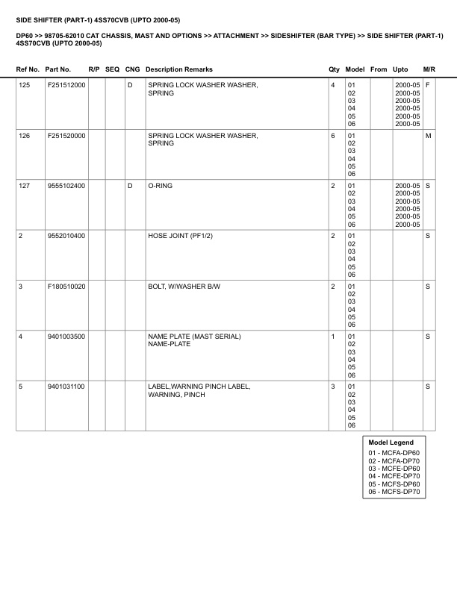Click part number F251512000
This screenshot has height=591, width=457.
click(66, 86)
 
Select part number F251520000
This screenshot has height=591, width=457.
click(66, 136)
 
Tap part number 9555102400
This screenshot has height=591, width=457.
click(66, 186)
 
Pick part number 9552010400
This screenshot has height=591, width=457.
click(66, 236)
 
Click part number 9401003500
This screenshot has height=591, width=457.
click(66, 337)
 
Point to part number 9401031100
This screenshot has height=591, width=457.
click(66, 387)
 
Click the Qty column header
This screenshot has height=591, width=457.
click(334, 69)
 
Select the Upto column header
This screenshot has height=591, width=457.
click(400, 69)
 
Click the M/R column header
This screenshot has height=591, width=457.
click(429, 69)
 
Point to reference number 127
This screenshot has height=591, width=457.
click(25, 186)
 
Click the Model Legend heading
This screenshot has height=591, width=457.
click(391, 443)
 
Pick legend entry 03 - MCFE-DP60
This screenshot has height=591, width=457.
click(394, 468)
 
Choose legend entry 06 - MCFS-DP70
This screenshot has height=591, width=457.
click(394, 492)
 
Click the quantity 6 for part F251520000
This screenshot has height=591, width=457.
click(332, 136)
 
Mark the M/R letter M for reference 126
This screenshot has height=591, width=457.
click(428, 136)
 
